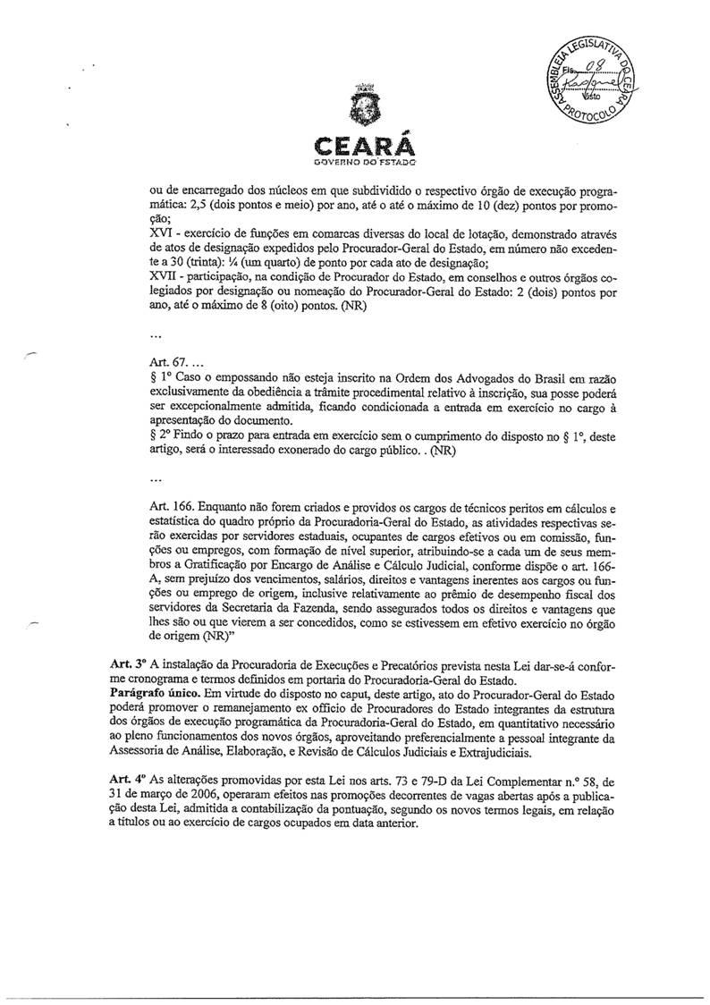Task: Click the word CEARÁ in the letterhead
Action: click(355, 147)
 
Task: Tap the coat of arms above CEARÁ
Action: click(355, 113)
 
